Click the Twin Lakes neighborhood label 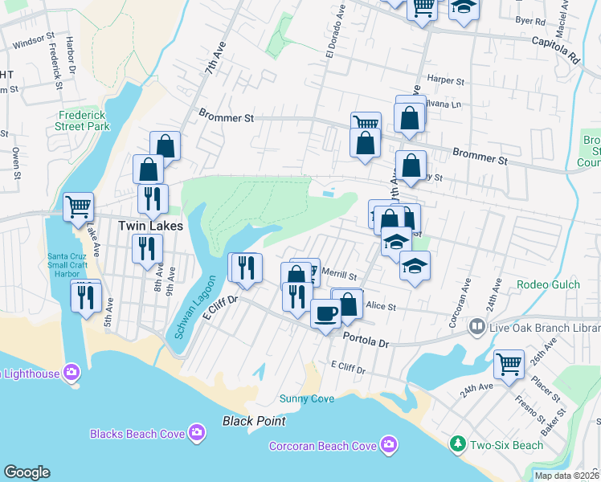click(151, 226)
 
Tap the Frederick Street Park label click(83, 120)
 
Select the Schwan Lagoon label click(184, 309)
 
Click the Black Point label click(255, 421)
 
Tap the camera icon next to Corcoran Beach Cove click(389, 444)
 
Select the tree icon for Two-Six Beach click(457, 443)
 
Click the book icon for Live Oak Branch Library click(477, 327)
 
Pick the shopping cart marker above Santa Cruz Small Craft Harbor click(79, 206)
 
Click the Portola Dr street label click(366, 341)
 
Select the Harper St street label click(447, 80)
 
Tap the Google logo click(27, 472)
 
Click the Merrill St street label click(338, 275)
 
